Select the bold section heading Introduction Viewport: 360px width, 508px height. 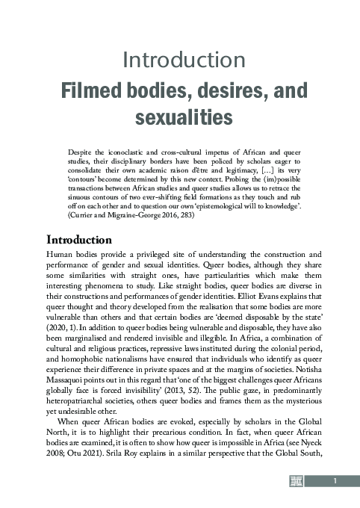[79, 220]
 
